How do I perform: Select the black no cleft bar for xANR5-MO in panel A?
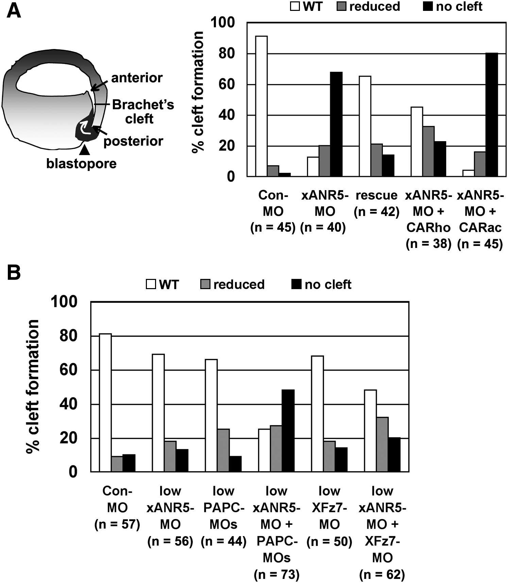coord(336,124)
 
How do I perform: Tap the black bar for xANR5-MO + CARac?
coord(492,115)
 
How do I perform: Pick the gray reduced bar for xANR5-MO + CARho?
coord(428,151)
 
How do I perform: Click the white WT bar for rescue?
coord(365,126)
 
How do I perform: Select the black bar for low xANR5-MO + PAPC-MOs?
coord(288,431)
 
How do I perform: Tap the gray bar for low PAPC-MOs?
coord(223,450)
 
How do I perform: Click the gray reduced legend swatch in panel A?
coord(341,6)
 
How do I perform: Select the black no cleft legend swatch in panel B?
coord(296,284)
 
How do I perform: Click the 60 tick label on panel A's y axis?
coord(227,84)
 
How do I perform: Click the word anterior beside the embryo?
coord(137,78)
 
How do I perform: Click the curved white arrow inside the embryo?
coord(85,129)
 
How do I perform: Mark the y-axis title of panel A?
coord(198,93)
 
